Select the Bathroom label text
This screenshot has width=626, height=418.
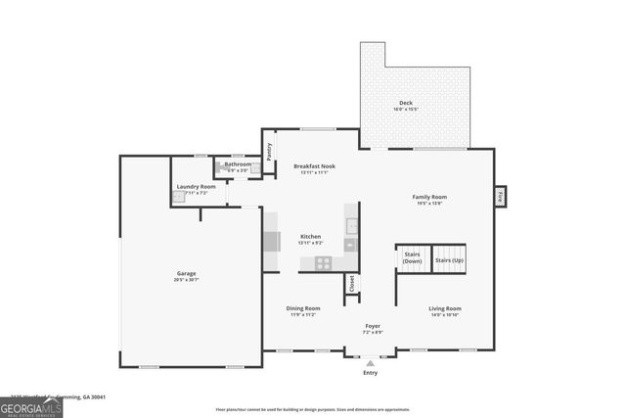coord(238,163)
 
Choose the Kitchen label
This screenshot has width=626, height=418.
coord(310,237)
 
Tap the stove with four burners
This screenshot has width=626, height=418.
coord(323,263)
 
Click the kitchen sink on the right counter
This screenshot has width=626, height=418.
coord(352,225)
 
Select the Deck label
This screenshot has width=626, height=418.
coord(405,103)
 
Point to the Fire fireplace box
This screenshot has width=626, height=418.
coord(500,196)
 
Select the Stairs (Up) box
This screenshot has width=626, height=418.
coord(449,260)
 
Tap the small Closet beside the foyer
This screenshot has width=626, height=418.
coord(350,283)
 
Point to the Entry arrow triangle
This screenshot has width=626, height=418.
coord(370,363)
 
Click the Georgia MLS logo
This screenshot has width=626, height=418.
coord(31,405)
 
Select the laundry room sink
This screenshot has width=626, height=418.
coord(179,196)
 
